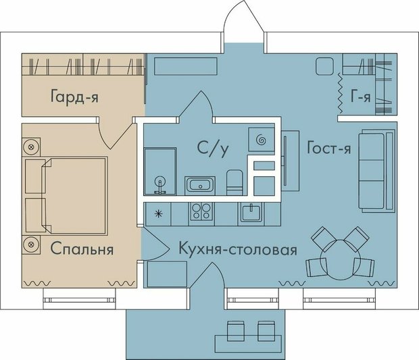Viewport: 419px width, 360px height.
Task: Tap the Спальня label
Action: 82,249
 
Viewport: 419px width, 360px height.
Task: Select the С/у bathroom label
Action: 211,149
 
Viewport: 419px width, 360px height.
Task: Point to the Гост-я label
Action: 328,149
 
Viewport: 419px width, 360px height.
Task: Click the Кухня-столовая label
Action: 238,250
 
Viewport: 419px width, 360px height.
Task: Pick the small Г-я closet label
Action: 361,97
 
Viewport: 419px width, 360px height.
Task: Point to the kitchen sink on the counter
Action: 251,213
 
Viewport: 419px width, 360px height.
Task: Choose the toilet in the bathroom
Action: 234,181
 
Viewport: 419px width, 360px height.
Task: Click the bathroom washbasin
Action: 200,185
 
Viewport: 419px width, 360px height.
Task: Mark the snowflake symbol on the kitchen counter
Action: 159,213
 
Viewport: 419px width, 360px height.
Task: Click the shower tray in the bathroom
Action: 160,173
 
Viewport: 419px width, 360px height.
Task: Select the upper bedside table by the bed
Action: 30,145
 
